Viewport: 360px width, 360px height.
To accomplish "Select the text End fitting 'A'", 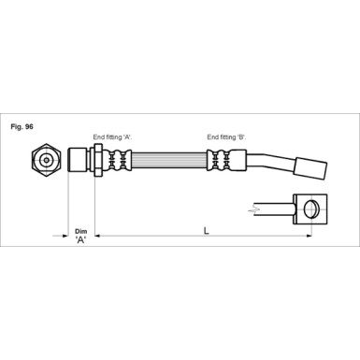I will [113, 137].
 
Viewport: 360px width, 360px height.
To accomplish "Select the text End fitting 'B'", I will [226, 137].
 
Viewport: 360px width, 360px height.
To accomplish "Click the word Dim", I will [80, 229].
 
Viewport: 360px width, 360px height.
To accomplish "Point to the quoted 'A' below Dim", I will [80, 239].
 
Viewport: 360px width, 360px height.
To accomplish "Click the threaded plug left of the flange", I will [79, 160].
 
